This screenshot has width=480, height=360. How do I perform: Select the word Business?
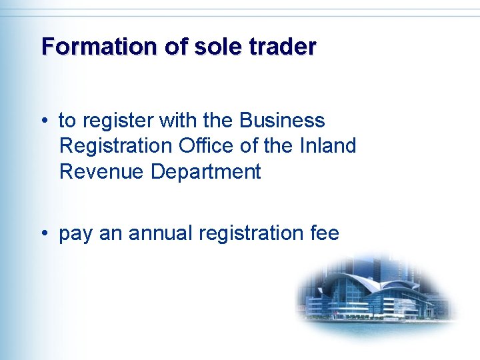pyautogui.click(x=282, y=121)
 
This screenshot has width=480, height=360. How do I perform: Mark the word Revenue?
pyautogui.click(x=101, y=171)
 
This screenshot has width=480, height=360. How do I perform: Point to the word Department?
pyautogui.click(x=205, y=171)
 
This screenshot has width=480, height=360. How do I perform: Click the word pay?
pyautogui.click(x=77, y=234)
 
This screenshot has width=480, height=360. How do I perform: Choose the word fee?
pyautogui.click(x=325, y=233)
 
